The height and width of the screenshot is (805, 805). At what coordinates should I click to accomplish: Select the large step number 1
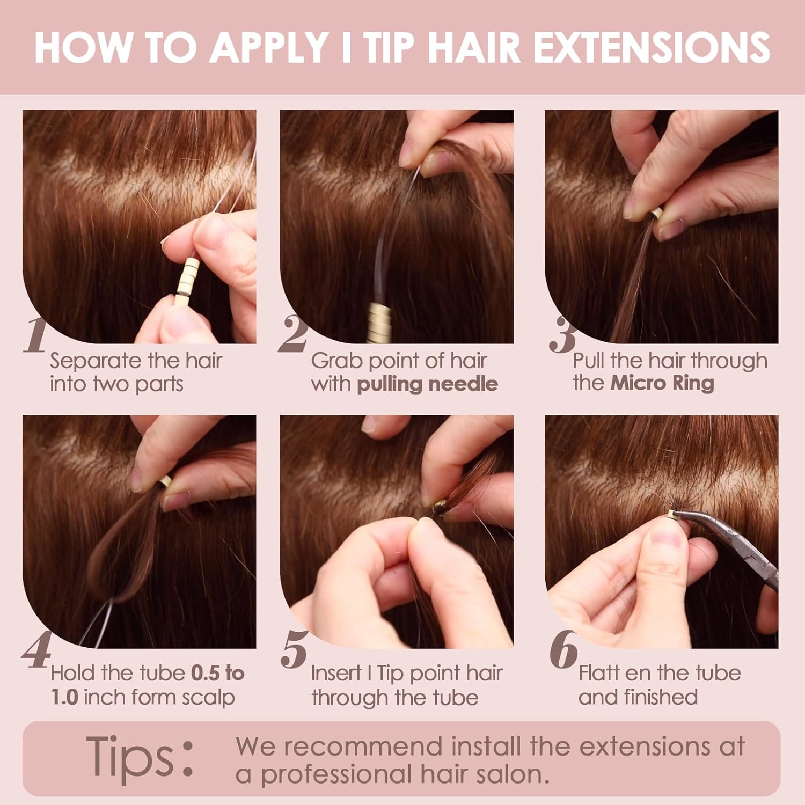tap(35, 335)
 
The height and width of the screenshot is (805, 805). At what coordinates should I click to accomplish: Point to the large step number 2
tap(293, 335)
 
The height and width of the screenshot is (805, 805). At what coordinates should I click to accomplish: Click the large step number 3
tap(562, 335)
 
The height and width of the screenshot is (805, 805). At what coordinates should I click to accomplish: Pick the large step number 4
tap(36, 650)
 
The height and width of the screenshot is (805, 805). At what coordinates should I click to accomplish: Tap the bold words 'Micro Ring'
tap(662, 383)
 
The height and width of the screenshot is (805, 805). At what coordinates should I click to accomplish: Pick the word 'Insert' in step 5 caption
tap(335, 672)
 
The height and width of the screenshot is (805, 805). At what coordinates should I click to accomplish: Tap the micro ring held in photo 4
tap(164, 481)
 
